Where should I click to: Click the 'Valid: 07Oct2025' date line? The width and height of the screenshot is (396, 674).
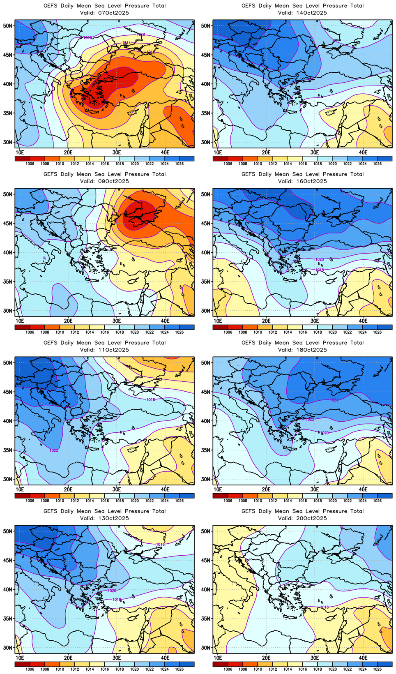(104, 13)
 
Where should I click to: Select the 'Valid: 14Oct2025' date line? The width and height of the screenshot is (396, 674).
(302, 13)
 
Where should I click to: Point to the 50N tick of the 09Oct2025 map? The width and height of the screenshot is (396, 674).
(9, 194)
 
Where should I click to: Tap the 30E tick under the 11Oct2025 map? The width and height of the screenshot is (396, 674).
(117, 489)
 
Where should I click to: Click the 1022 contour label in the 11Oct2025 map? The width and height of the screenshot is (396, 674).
(54, 450)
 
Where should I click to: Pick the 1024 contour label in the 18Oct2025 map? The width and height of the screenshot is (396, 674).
(334, 400)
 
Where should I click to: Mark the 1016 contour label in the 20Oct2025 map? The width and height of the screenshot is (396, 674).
(325, 607)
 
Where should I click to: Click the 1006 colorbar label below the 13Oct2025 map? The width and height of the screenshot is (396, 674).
(30, 669)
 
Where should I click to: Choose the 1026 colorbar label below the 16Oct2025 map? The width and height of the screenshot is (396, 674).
(377, 332)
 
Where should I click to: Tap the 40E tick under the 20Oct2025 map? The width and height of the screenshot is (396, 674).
(363, 658)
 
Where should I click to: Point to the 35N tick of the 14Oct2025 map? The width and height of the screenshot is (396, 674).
(207, 113)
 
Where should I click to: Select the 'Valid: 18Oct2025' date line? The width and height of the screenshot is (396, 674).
(302, 350)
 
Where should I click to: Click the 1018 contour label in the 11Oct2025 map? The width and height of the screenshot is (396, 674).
(151, 399)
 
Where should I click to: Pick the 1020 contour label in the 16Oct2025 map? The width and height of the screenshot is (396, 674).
(319, 259)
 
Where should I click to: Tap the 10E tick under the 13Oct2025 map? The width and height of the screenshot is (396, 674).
(20, 658)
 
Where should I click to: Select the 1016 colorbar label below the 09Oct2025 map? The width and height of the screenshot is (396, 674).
(105, 332)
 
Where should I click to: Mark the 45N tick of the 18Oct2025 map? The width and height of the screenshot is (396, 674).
(207, 392)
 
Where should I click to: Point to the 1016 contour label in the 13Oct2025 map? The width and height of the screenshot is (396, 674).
(160, 545)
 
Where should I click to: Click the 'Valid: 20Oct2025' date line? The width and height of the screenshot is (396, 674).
(302, 518)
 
